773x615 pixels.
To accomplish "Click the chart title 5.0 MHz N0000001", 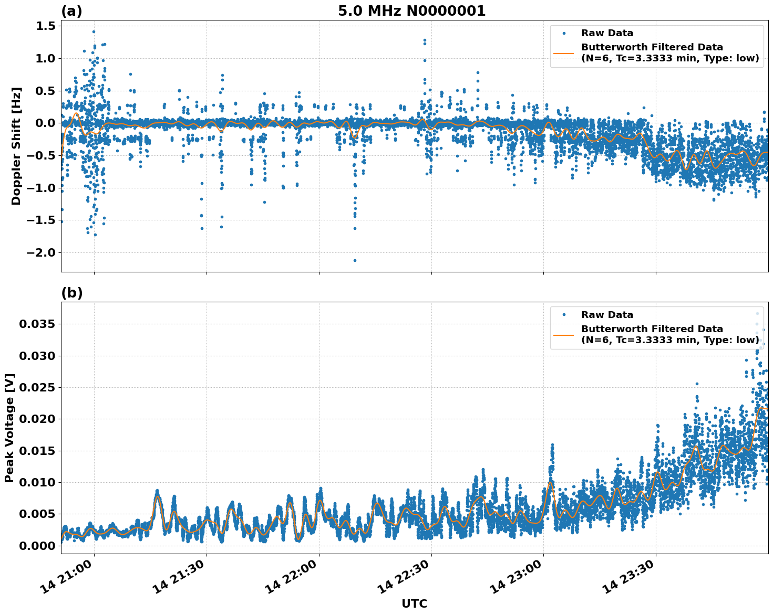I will click(x=411, y=11).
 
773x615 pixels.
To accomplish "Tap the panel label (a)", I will click(x=71, y=11).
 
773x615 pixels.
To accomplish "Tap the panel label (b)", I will click(x=71, y=293).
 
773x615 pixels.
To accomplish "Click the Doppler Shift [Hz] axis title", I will click(x=16, y=146).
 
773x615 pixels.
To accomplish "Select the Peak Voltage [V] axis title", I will click(x=9, y=428).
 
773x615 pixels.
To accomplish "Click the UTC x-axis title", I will click(x=414, y=603).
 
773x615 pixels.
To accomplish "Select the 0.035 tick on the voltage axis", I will click(x=37, y=324).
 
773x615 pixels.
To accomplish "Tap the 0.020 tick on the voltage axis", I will click(x=37, y=419).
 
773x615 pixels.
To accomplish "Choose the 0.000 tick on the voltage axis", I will click(x=37, y=546).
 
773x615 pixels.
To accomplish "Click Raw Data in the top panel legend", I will click(x=607, y=33).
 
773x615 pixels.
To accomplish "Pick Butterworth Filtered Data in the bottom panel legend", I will click(x=652, y=329).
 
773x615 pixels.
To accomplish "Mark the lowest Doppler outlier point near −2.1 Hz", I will click(x=355, y=260).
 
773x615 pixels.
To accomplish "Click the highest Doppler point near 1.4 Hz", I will click(x=94, y=31).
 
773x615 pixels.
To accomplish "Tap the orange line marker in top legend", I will click(x=564, y=52).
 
